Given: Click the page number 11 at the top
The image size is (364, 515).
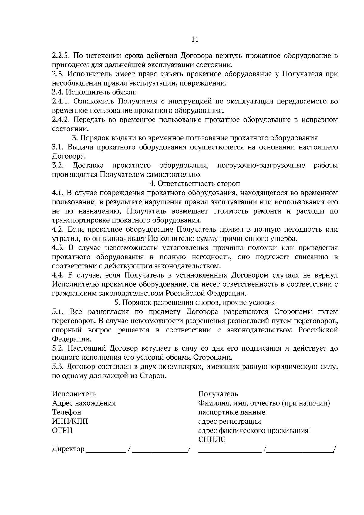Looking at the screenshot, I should [195, 39].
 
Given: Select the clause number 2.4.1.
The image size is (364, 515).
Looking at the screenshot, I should [61, 101].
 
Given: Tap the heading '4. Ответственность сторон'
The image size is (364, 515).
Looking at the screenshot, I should [195, 183].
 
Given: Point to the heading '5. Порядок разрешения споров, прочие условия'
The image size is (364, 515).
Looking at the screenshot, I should [195, 302].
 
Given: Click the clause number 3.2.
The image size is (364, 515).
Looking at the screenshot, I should [58, 165].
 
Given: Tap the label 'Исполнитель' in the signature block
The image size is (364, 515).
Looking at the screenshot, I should [74, 394].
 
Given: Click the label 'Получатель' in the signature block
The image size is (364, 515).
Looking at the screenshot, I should [218, 394].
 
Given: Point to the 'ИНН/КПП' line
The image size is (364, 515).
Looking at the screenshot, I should [70, 422].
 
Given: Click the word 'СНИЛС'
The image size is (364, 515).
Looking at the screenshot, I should [212, 440].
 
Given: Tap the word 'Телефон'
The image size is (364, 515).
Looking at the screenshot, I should [67, 412].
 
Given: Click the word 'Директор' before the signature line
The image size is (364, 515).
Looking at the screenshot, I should [68, 449].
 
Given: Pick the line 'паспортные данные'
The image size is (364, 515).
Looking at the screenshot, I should [232, 412].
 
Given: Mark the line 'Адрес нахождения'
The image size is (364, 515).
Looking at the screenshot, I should [84, 403].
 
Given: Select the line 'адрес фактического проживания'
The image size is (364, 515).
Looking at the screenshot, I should [253, 431].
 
